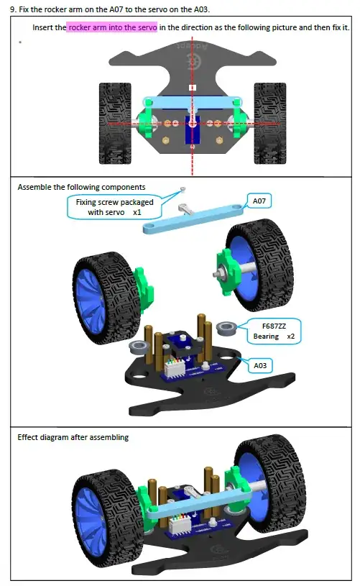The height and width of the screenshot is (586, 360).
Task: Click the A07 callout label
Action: pyautogui.click(x=259, y=201)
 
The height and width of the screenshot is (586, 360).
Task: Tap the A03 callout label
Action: pyautogui.click(x=261, y=366)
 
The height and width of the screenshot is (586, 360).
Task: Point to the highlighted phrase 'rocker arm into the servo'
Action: pyautogui.click(x=112, y=27)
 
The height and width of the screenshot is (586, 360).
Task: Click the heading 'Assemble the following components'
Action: pyautogui.click(x=81, y=187)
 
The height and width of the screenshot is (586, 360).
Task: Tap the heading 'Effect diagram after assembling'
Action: pyautogui.click(x=73, y=437)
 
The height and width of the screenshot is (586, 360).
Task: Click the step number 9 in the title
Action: pyautogui.click(x=13, y=9)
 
